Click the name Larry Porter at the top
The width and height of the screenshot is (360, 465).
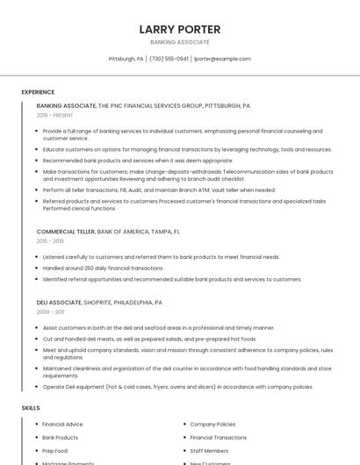(x=180, y=29)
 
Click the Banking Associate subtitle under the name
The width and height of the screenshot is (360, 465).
(x=180, y=42)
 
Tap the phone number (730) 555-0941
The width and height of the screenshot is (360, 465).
(x=169, y=59)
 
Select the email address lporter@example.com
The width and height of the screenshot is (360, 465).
(x=222, y=59)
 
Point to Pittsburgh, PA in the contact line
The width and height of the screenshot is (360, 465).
(x=126, y=59)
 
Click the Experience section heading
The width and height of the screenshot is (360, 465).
(x=38, y=92)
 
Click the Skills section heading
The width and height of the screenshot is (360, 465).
(x=31, y=408)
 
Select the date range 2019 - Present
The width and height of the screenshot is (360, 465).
(x=54, y=115)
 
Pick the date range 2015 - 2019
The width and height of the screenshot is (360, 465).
(x=50, y=240)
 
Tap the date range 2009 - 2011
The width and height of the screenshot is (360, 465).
(x=50, y=311)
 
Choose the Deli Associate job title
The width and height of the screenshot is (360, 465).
(x=59, y=303)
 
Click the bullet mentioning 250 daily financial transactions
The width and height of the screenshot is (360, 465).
(x=103, y=268)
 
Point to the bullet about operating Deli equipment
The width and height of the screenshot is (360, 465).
(x=177, y=387)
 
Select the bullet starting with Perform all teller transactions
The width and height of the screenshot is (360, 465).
(x=159, y=190)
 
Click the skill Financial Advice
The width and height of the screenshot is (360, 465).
(x=62, y=425)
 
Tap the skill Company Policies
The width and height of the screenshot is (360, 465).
(x=212, y=425)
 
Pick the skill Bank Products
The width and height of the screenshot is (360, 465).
(x=60, y=438)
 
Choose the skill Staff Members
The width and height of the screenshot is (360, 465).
(x=209, y=451)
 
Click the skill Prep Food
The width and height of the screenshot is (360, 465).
(x=55, y=451)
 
